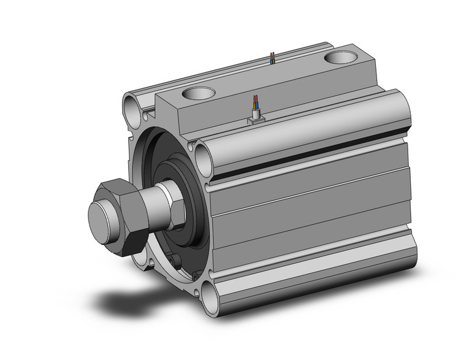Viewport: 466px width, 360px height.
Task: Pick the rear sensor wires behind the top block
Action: pos(273,59)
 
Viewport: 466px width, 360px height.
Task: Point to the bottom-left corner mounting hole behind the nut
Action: pos(149,264)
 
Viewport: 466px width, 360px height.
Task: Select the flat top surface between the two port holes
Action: pos(270,80)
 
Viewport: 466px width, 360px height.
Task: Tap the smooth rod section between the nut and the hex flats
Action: pos(156,205)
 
